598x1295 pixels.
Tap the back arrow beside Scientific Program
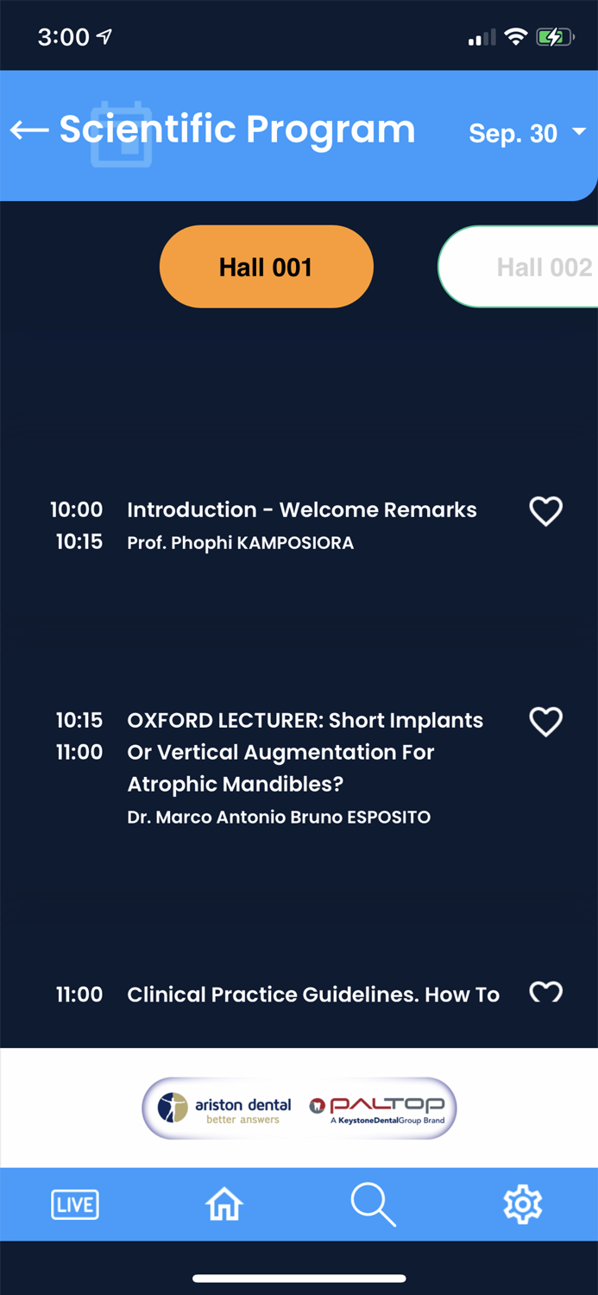point(29,130)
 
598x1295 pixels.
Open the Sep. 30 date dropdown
point(526,134)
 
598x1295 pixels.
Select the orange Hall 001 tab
point(266,267)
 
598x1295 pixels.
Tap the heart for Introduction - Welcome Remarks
point(545,511)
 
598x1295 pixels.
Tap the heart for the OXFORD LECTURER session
point(545,722)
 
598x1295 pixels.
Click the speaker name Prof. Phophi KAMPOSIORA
point(240,543)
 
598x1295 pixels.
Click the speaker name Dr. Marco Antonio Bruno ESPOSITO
point(279,817)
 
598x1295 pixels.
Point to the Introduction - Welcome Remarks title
point(301,510)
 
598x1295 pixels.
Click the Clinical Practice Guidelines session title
point(313,995)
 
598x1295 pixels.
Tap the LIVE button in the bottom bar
point(75,1204)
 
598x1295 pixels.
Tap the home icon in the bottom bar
point(224,1204)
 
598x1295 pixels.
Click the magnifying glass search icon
point(373,1204)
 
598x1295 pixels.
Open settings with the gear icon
point(522,1204)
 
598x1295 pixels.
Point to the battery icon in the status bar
point(554,37)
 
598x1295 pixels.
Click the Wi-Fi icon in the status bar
point(515,37)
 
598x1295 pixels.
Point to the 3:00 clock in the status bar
point(63,37)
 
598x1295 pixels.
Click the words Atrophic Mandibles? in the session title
point(235,785)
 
